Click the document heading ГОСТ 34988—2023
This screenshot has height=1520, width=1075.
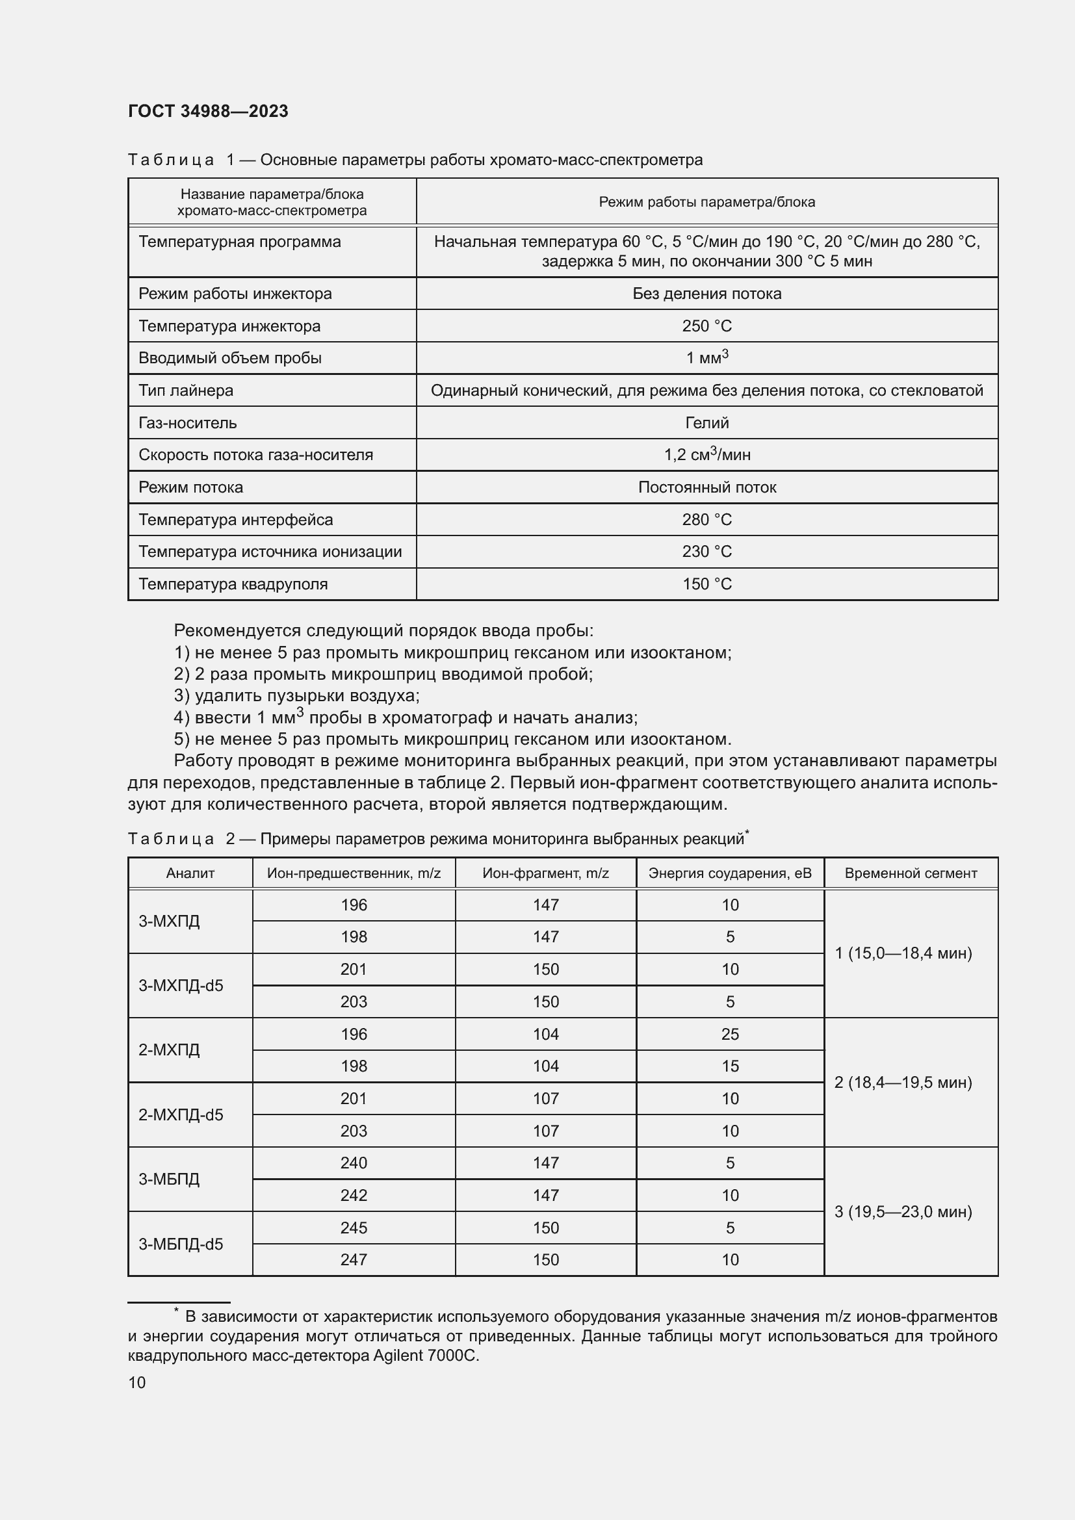coord(208,111)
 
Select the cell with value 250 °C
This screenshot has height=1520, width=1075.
coord(706,326)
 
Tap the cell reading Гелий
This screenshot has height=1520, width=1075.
coord(706,422)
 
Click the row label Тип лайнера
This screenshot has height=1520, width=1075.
coord(186,390)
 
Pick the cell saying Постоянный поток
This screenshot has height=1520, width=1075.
coord(706,487)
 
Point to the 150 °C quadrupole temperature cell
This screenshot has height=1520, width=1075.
coord(706,584)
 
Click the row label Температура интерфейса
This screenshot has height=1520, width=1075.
coord(236,520)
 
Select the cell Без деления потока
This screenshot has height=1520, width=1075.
coord(706,293)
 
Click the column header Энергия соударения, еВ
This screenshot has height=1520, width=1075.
coord(729,873)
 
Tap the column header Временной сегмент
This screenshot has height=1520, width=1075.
coord(910,873)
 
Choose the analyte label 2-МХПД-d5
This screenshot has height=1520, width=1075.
coord(181,1115)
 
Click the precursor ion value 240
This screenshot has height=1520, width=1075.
coord(354,1163)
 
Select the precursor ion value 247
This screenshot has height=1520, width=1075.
coord(354,1259)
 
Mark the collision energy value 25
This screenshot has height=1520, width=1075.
coord(729,1034)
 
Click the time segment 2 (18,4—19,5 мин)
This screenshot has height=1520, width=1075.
coord(903,1083)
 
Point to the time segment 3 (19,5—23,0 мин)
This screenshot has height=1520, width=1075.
coord(903,1211)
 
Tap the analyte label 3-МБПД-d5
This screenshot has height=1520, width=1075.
coord(181,1244)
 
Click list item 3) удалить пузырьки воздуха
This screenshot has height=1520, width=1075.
coord(296,696)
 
